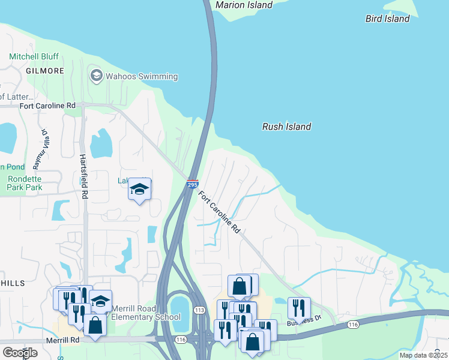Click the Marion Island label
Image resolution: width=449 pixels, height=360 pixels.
click(x=244, y=5)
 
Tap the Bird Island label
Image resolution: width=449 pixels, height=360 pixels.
click(x=387, y=19)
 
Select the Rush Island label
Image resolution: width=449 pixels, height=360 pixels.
click(x=286, y=127)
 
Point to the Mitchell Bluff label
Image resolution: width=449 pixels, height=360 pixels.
click(x=33, y=57)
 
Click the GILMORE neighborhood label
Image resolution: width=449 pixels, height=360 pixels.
click(x=44, y=71)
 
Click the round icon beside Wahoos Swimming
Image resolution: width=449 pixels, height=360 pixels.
click(x=95, y=76)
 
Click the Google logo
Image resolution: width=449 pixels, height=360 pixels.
click(x=20, y=353)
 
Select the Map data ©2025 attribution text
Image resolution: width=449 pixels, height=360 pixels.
click(x=423, y=355)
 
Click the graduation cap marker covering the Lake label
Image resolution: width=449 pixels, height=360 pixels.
click(x=139, y=190)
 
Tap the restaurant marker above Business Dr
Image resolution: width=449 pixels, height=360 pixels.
click(x=299, y=308)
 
